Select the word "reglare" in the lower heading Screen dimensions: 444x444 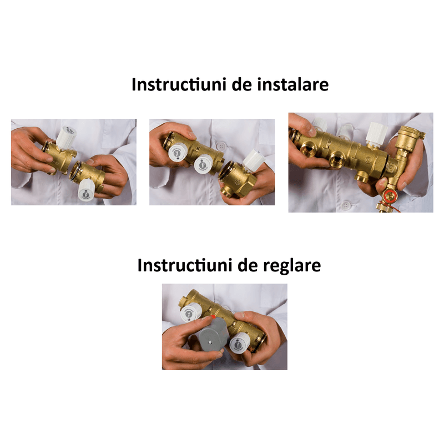point(292,265)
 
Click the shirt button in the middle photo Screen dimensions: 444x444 point(221,143)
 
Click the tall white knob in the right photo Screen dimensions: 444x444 point(376,134)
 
